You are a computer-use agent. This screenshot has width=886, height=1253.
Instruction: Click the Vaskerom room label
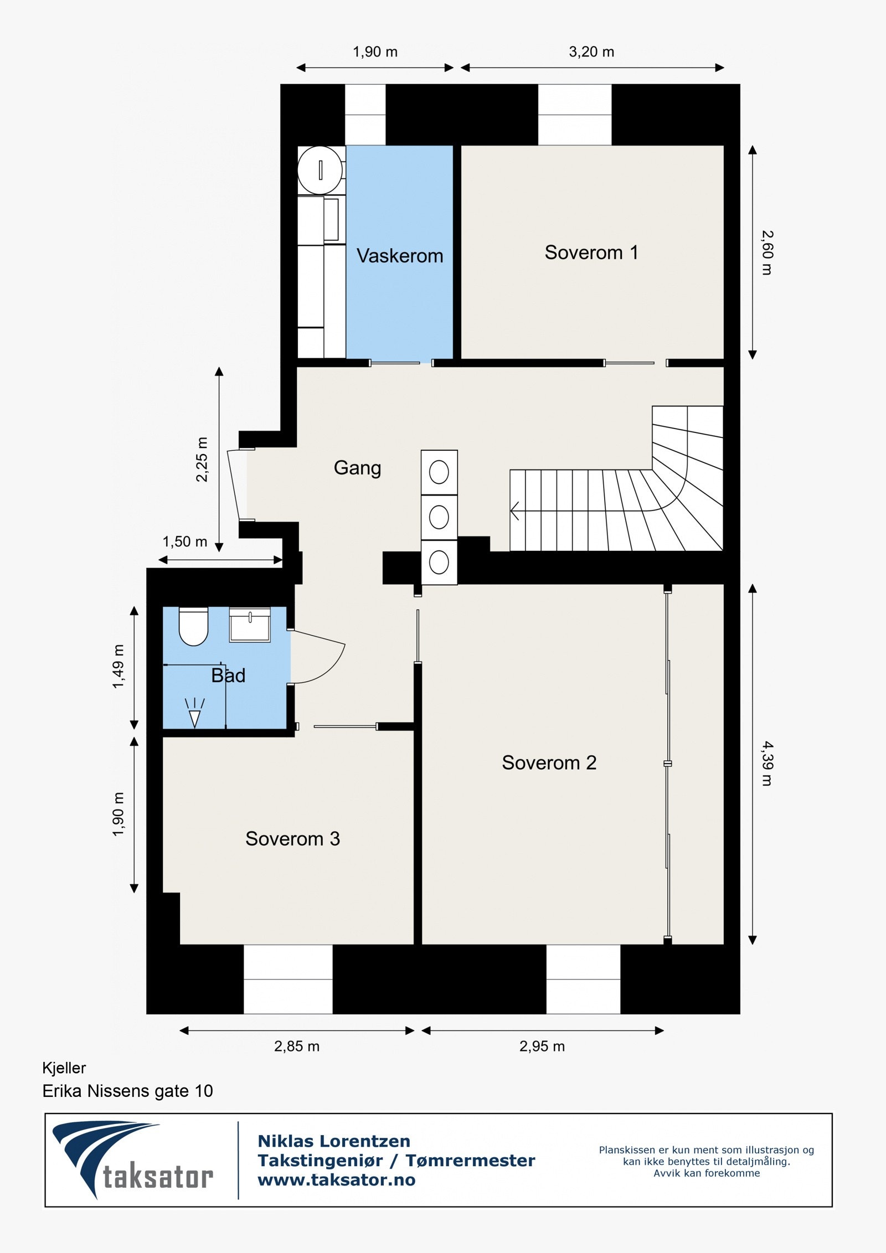pos(400,256)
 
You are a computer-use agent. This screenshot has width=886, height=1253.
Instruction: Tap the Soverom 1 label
pos(591,252)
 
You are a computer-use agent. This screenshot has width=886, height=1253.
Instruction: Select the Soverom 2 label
pos(549,762)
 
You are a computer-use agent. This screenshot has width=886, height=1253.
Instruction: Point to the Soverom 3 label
pos(293,839)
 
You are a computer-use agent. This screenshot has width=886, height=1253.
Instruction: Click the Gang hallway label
pos(357,468)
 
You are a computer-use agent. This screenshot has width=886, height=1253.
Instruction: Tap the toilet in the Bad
pos(193,626)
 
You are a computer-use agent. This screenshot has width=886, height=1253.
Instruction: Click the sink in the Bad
pos(250,625)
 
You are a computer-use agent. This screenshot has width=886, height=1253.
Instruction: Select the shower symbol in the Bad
pos(194,713)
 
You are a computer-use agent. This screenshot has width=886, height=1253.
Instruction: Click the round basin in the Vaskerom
pos(320,170)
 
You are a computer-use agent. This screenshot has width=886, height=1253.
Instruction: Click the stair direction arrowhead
pos(514,511)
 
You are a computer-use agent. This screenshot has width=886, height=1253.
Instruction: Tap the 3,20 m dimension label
pos(591,52)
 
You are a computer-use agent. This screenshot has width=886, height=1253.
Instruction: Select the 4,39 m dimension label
pos(767,764)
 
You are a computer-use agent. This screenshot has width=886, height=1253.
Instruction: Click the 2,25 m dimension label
pos(202,460)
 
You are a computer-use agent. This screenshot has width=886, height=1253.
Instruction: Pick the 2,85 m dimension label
pos(297,1046)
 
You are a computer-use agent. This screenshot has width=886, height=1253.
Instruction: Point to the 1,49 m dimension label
pos(119,666)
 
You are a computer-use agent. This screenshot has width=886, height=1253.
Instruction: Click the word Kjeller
pos(64,1068)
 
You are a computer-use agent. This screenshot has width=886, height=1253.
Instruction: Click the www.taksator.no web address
pos(337,1180)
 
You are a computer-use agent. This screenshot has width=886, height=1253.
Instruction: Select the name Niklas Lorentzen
pos(334,1141)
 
